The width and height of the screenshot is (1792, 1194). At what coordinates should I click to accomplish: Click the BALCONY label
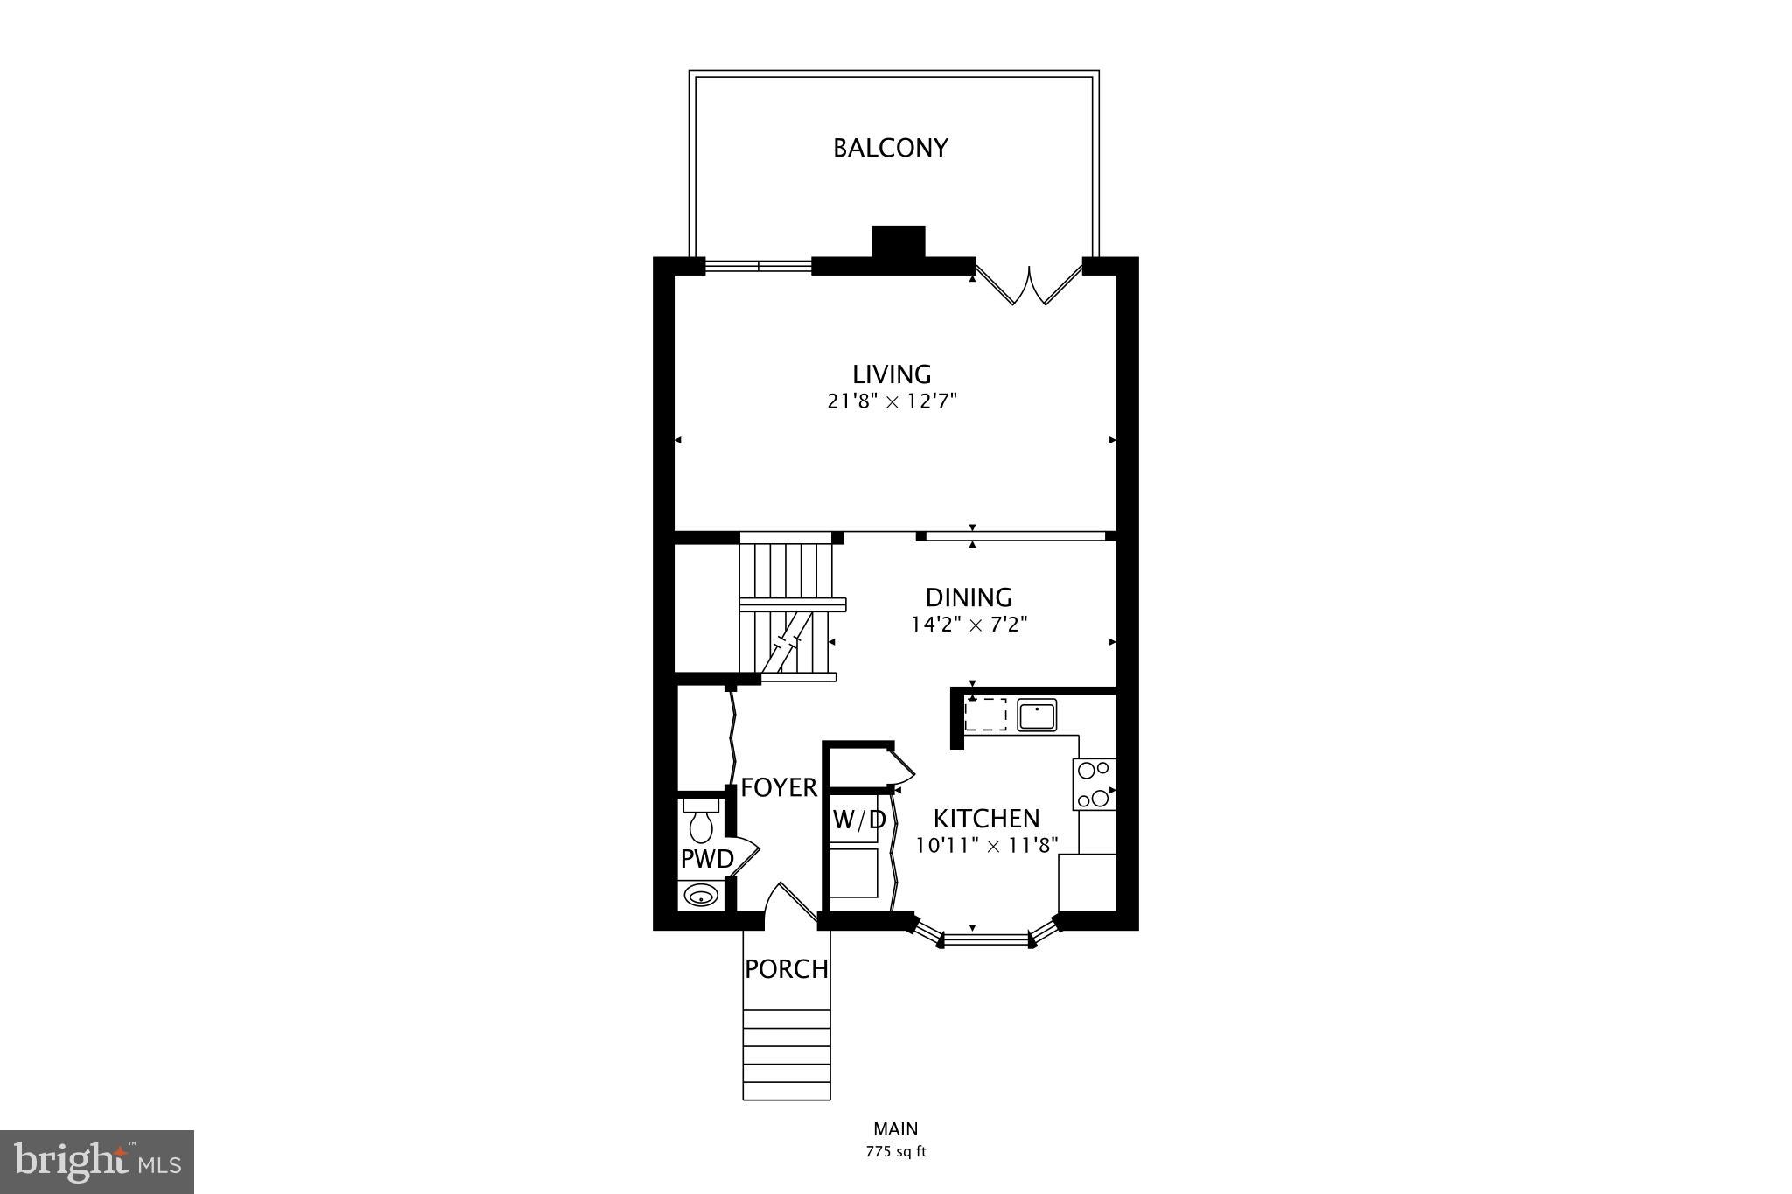tap(890, 148)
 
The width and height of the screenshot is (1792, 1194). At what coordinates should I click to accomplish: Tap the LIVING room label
tap(892, 374)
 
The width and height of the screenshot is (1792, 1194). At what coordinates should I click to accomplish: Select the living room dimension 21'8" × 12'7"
tap(892, 401)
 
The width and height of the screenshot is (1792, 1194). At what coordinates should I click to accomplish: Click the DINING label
tap(969, 597)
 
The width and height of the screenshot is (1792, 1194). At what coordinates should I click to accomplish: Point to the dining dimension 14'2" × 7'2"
tap(969, 625)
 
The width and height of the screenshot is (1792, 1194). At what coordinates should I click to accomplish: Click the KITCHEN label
tap(986, 819)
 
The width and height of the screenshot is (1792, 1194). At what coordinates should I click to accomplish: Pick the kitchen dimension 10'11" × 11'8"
tap(987, 846)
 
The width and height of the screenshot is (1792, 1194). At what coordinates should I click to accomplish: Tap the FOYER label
tap(779, 788)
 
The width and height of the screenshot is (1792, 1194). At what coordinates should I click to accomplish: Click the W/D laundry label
tap(858, 820)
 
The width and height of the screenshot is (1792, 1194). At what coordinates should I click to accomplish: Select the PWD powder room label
tap(707, 860)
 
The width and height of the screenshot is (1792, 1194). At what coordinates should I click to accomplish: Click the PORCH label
tap(787, 969)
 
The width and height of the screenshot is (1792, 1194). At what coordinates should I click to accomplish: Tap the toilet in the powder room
tap(701, 820)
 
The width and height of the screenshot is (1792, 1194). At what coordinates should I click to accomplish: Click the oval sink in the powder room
tap(701, 896)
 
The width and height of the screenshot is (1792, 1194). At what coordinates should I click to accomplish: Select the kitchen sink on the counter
tap(1037, 715)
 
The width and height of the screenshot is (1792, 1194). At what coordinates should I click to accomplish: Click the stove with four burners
tap(1094, 784)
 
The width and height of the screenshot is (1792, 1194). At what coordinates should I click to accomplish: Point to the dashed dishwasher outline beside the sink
tap(985, 714)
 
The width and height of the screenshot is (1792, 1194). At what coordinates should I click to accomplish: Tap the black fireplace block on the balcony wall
tap(899, 242)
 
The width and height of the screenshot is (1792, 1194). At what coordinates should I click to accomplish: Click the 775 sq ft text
tap(895, 1152)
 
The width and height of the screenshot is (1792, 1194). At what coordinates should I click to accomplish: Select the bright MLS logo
tap(97, 1162)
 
